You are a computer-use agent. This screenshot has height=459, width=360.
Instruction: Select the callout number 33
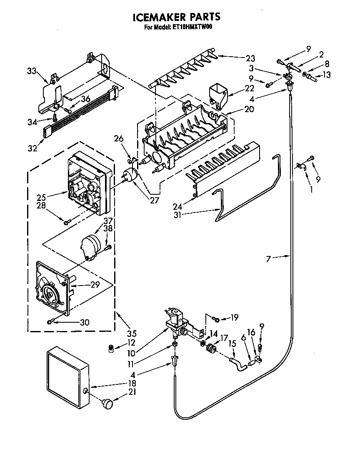tap(32, 71)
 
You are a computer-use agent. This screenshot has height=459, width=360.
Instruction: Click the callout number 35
tap(132, 334)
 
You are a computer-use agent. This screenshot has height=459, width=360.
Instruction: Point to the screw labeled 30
tap(51, 321)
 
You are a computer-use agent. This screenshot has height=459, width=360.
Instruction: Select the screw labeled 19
tap(216, 319)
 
